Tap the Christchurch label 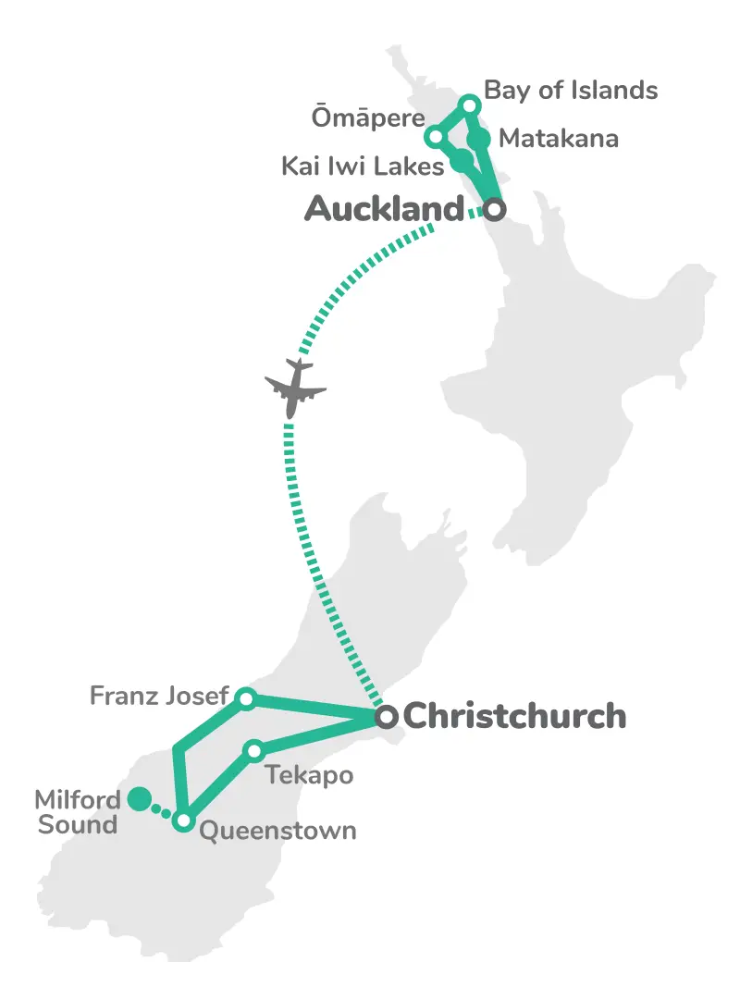514,716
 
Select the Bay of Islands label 571,90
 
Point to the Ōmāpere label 367,118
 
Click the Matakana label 558,140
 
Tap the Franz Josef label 158,695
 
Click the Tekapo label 310,774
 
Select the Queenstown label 277,830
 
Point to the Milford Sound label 77,811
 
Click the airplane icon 295,387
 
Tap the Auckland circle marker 495,210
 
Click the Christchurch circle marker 387,716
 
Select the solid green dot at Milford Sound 139,798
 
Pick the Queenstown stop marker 183,821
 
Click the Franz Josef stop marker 245,698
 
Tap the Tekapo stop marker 253,750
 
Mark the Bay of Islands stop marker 469,104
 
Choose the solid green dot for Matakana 478,140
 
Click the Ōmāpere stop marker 434,138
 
